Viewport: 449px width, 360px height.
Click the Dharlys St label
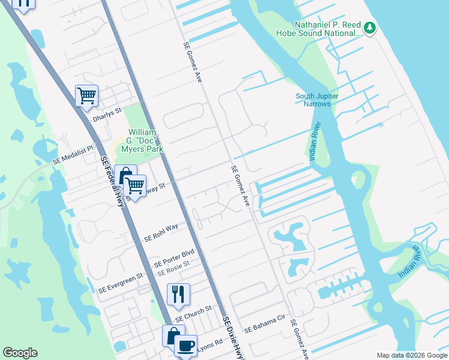(x=106, y=114)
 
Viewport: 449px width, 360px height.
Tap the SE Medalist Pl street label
(x=74, y=155)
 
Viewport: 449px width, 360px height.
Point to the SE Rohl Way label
(x=161, y=233)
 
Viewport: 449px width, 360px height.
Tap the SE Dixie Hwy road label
(x=233, y=339)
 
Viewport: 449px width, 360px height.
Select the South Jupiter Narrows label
(x=317, y=100)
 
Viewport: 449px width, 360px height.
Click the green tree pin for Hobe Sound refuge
(x=370, y=28)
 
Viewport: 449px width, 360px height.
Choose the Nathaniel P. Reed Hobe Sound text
(x=327, y=29)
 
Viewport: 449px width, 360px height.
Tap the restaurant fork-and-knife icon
(x=178, y=294)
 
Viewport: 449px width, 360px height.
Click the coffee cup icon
(x=186, y=346)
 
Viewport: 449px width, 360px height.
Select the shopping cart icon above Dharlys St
(x=86, y=95)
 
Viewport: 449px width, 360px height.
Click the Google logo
(x=20, y=353)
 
